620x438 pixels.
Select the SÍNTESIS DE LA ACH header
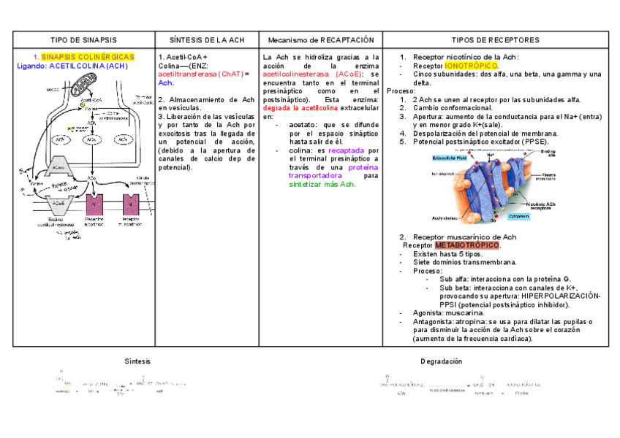coord(206,39)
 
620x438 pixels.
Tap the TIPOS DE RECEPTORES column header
coord(495,39)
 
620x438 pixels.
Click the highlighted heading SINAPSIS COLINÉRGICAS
coord(88,57)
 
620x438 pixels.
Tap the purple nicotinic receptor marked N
coord(95,203)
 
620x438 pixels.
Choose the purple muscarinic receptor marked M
coord(130,202)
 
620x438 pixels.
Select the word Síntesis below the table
coord(137,361)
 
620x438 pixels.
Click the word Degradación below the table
coord(441,361)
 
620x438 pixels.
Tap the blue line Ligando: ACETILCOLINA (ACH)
coord(72,66)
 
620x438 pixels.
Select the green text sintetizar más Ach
coord(322,185)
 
